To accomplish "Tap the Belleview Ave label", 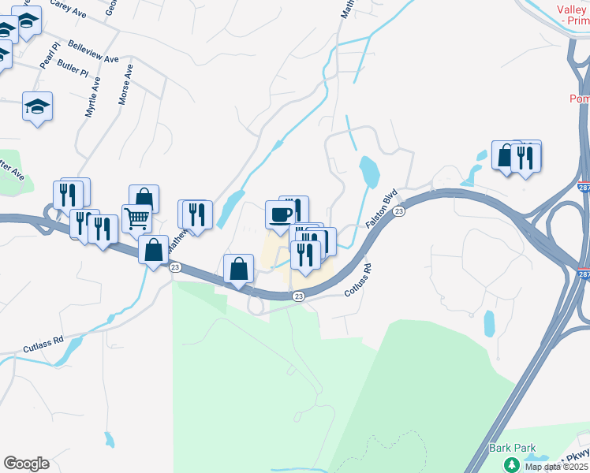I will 93,52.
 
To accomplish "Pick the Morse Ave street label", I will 124,84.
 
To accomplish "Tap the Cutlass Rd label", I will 43,343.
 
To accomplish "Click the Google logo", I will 26,464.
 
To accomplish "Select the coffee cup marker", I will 282,214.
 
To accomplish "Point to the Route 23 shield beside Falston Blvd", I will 399,211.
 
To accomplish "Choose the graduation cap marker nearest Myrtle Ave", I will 36,106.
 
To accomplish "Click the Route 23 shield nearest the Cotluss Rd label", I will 298,296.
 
